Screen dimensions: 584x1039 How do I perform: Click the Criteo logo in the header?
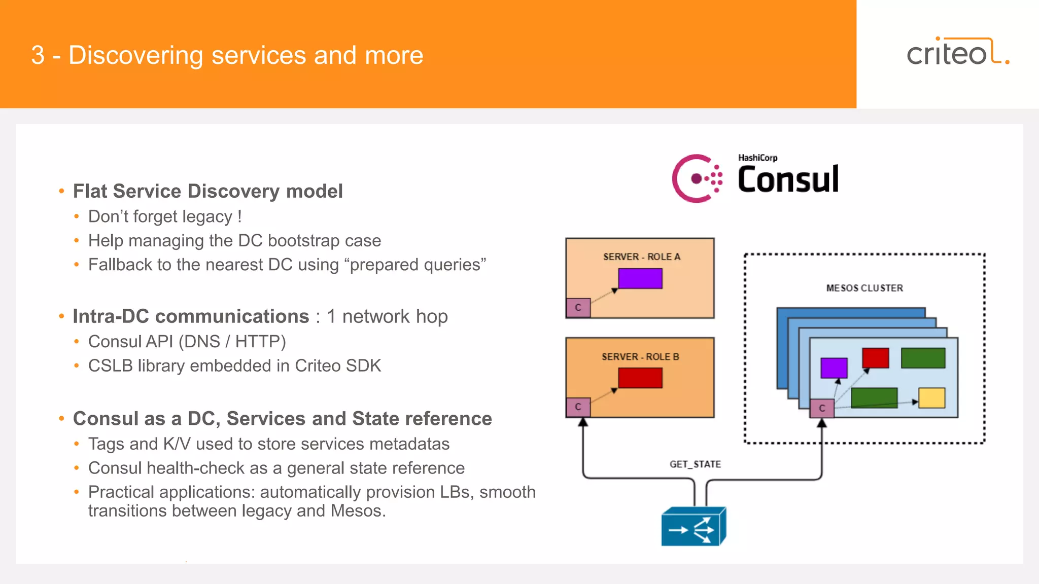tap(957, 52)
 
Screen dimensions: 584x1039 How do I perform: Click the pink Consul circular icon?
tap(697, 178)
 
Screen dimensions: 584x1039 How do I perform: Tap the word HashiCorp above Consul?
tap(757, 158)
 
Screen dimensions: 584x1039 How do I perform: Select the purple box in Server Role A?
tap(640, 278)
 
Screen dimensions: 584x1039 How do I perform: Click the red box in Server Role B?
tap(640, 378)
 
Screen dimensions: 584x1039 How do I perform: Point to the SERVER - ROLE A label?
tap(641, 257)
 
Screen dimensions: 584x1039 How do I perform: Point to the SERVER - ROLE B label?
tap(640, 357)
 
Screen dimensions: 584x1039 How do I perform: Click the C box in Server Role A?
tap(578, 308)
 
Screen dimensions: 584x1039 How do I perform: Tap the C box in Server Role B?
tap(578, 407)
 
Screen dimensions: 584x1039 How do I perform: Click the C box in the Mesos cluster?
tap(822, 408)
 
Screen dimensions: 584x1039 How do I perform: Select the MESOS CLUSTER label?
tap(864, 288)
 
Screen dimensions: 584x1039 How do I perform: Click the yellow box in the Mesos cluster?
tap(931, 398)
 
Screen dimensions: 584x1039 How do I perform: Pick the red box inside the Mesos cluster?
tap(875, 358)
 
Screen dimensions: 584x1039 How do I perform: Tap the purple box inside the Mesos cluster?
tap(834, 368)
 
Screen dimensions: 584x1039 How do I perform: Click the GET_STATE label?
tap(695, 464)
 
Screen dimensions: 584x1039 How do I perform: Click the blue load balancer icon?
tap(693, 527)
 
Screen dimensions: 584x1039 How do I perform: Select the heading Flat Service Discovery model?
tap(207, 191)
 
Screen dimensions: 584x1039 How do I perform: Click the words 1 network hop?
tap(387, 316)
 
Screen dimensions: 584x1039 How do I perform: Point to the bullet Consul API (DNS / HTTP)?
tap(187, 342)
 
